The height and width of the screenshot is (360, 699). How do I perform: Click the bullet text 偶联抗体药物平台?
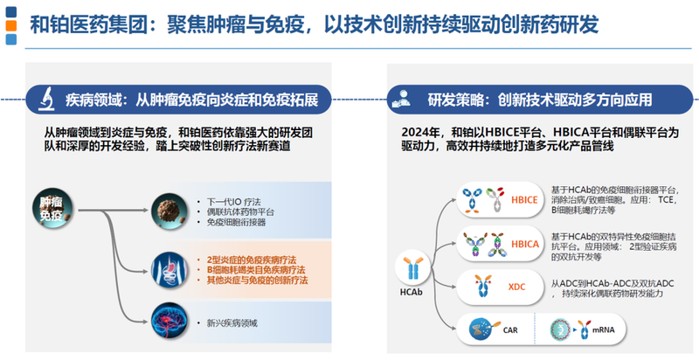pyautogui.click(x=241, y=211)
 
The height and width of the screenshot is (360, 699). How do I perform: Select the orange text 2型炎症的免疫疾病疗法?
pyautogui.click(x=251, y=260)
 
